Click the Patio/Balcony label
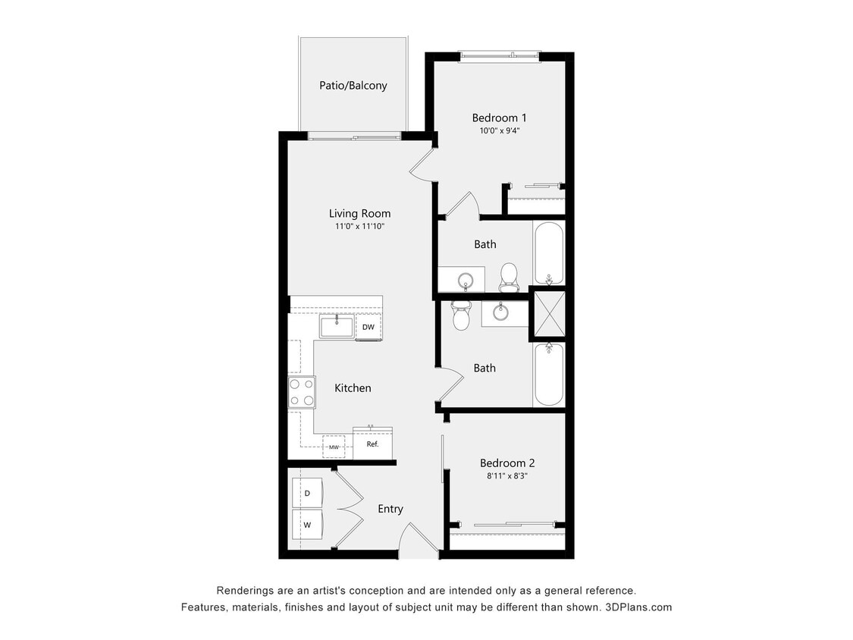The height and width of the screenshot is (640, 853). (x=353, y=86)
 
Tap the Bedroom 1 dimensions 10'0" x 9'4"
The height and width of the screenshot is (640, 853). (x=499, y=130)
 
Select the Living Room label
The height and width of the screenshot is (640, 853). (x=359, y=214)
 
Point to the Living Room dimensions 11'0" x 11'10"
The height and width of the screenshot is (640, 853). (x=359, y=226)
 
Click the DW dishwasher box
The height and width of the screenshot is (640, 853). (x=368, y=327)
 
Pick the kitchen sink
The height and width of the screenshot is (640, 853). (x=337, y=327)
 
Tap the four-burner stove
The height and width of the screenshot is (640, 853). (x=302, y=392)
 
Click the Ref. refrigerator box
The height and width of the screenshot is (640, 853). (x=372, y=444)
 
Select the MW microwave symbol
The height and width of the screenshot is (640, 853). (x=334, y=447)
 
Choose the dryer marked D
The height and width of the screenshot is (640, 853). (x=307, y=493)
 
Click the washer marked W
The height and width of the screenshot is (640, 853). (x=307, y=524)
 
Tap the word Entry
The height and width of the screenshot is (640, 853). (x=390, y=509)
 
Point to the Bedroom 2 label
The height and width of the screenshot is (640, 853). (x=507, y=463)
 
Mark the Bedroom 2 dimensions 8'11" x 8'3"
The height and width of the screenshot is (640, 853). (x=507, y=476)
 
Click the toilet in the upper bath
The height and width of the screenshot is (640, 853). (x=509, y=276)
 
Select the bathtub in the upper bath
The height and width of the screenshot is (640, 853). (x=548, y=253)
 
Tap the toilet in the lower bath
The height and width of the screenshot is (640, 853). (x=461, y=315)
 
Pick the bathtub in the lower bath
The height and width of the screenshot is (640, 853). (x=548, y=374)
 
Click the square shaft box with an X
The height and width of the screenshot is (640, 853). (x=547, y=314)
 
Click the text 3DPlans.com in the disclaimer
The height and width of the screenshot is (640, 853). (x=638, y=607)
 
